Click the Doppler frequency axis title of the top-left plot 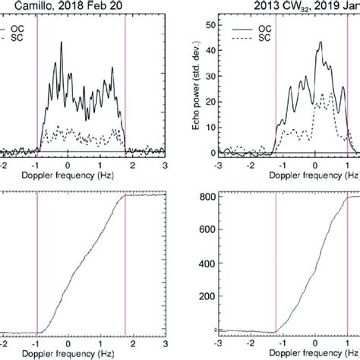68,175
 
